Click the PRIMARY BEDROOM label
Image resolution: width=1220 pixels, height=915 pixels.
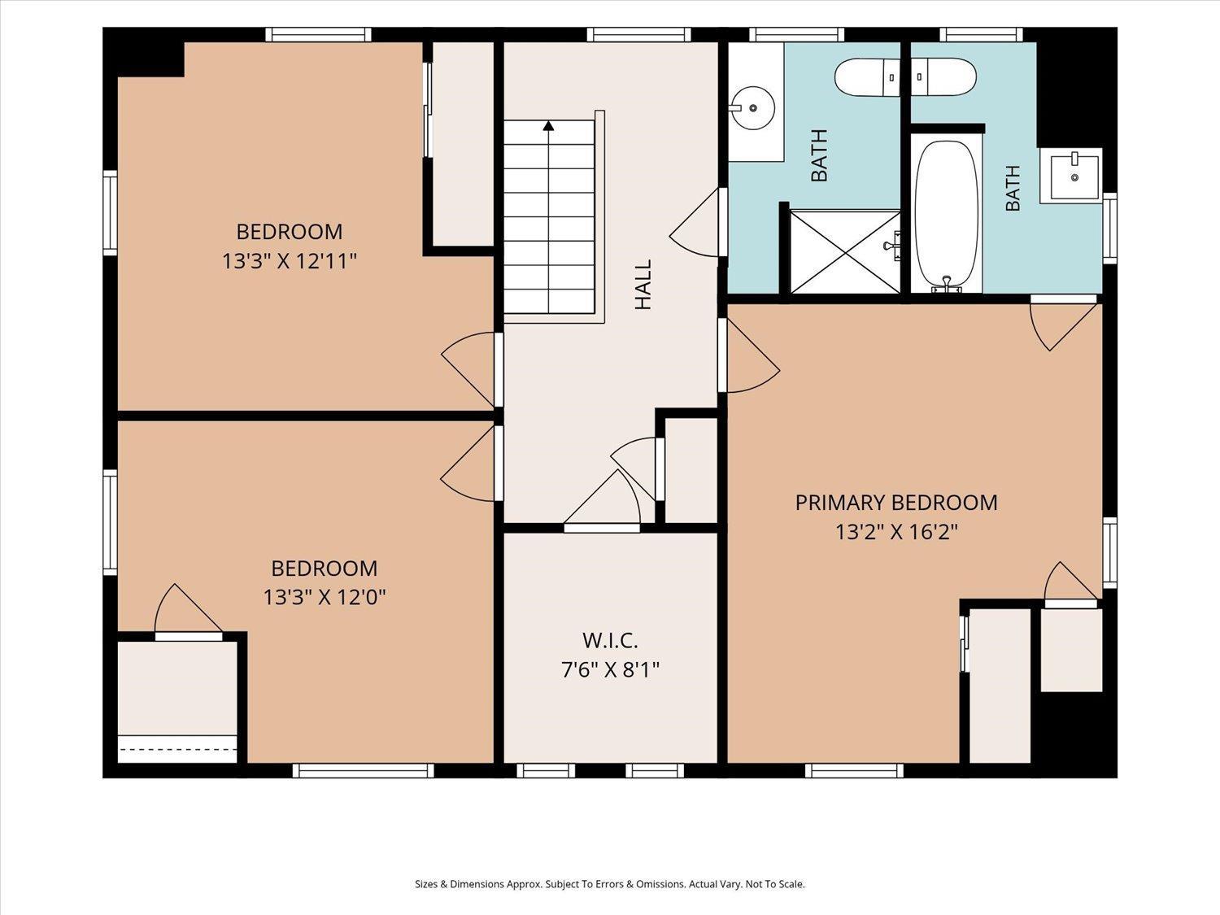click(896, 503)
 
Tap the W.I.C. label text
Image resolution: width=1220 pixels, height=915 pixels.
click(610, 641)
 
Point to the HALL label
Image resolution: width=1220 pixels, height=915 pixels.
click(643, 285)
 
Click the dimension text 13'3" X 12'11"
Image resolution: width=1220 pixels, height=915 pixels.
click(289, 260)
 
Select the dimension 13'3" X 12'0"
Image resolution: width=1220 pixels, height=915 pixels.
click(324, 597)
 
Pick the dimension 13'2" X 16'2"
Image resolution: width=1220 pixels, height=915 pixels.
click(896, 532)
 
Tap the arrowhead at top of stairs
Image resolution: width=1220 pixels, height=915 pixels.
click(548, 125)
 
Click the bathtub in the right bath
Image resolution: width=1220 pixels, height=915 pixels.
click(947, 216)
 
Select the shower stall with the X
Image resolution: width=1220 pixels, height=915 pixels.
click(845, 251)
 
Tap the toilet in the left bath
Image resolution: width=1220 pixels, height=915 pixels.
click(867, 78)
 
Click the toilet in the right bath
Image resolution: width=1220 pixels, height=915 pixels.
click(943, 77)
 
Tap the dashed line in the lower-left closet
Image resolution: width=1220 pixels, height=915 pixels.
click(178, 749)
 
